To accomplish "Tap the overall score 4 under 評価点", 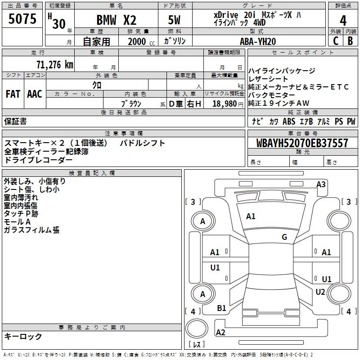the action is click(x=343, y=21).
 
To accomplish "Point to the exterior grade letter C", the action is click(x=335, y=41).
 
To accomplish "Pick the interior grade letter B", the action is click(x=350, y=41).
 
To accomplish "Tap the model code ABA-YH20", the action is click(x=258, y=41).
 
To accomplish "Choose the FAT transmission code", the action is click(x=13, y=94).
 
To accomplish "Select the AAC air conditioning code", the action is click(x=35, y=94).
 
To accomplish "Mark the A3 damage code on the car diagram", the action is click(x=321, y=184).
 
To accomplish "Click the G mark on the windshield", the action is click(x=284, y=237).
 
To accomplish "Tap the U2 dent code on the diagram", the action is click(x=320, y=292).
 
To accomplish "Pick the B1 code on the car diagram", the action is click(x=221, y=308).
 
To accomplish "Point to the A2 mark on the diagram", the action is click(x=220, y=333).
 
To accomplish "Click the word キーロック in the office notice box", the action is click(x=23, y=337).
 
